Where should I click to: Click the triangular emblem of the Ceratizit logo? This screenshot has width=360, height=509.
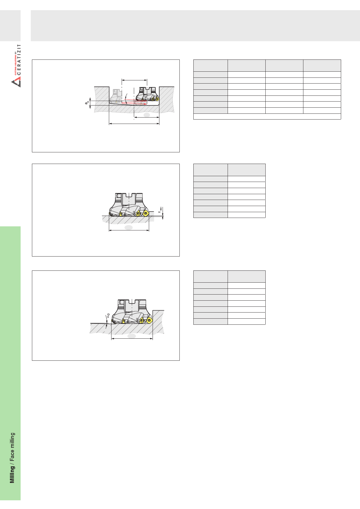coord(16,83)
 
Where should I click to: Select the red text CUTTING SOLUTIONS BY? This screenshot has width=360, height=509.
coord(15,64)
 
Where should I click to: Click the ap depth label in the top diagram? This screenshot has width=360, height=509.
coord(87,103)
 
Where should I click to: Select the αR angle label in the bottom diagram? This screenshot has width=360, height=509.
coord(108,315)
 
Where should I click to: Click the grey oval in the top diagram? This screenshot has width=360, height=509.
coord(147,115)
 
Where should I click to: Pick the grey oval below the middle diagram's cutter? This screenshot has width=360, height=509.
coord(129,228)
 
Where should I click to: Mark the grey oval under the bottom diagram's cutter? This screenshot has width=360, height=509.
coord(132,336)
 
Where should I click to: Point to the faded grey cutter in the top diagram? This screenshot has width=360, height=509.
coord(116,96)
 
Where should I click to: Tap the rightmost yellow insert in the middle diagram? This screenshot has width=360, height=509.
coord(145,214)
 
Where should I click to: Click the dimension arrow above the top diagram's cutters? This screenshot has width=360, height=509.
coord(134,80)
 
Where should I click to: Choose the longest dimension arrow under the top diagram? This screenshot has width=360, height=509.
coord(134,124)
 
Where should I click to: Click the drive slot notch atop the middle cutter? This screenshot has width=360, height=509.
coord(132,195)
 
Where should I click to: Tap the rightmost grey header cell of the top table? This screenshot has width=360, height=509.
coord(322,66)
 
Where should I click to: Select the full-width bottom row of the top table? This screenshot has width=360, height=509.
coord(267,116)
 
